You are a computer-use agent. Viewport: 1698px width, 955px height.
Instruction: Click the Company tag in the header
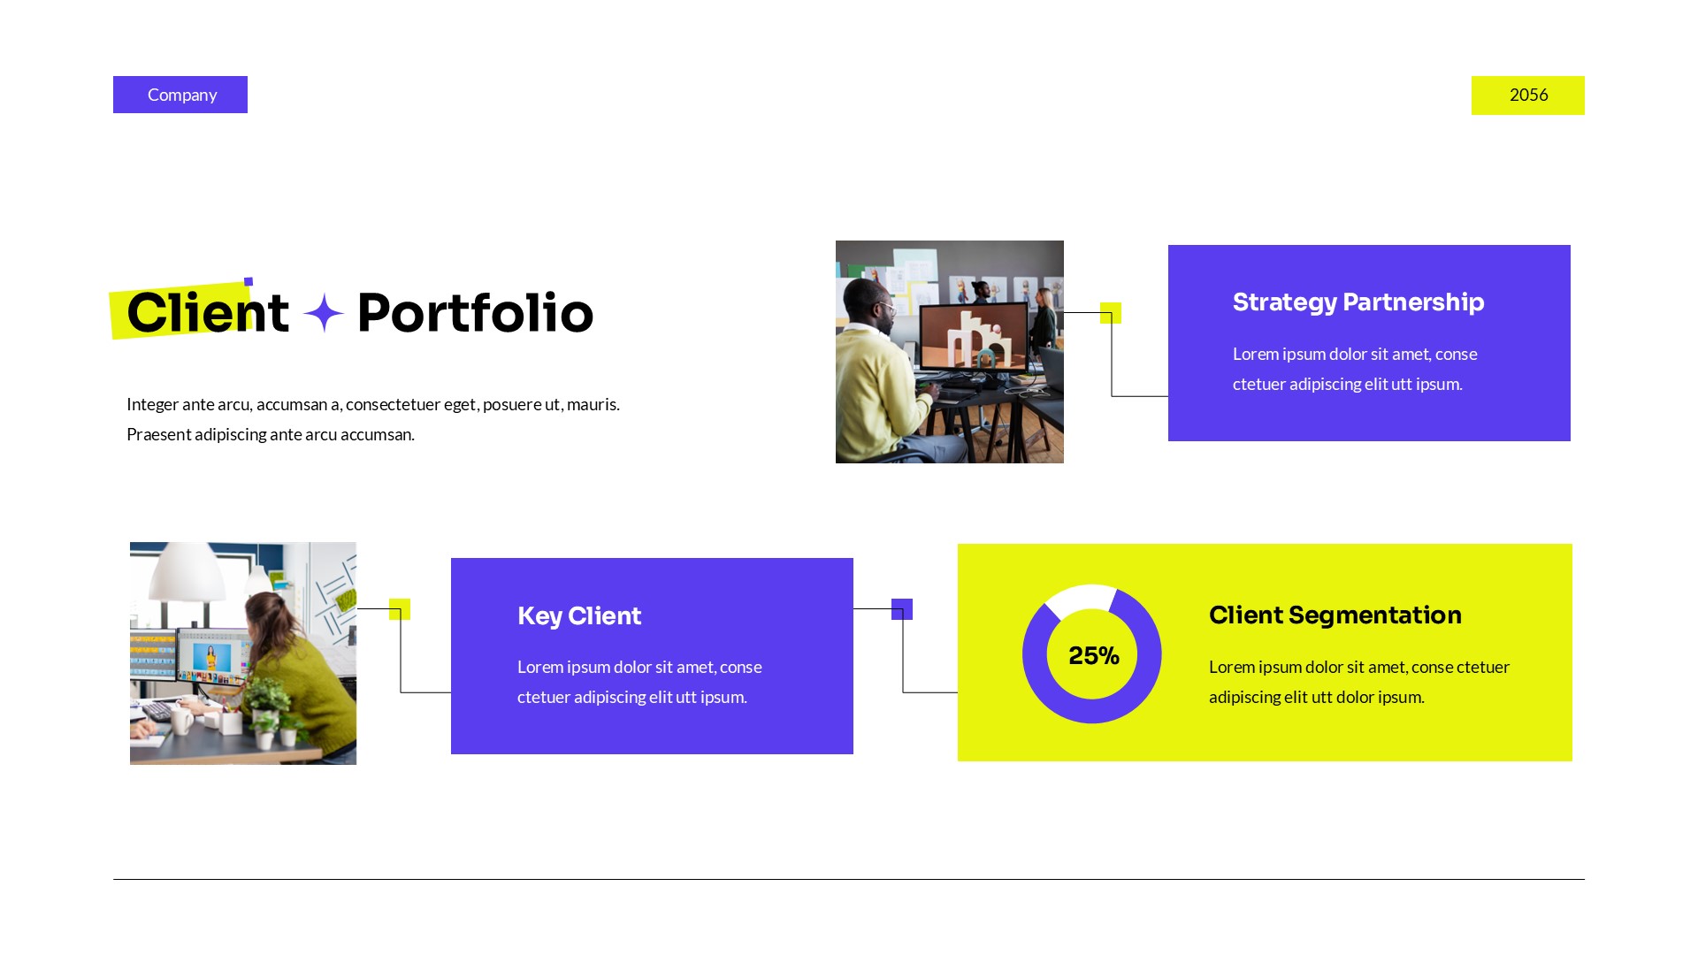pyautogui.click(x=180, y=95)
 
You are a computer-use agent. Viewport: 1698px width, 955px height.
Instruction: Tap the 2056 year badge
pyautogui.click(x=1527, y=95)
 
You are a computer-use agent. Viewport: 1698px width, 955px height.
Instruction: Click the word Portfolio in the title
pyautogui.click(x=475, y=313)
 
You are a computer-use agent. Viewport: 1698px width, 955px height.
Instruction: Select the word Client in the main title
pyautogui.click(x=208, y=313)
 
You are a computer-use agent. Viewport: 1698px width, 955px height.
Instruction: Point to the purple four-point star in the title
pyautogui.click(x=324, y=313)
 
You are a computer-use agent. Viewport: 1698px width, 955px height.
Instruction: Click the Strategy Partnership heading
pyautogui.click(x=1358, y=302)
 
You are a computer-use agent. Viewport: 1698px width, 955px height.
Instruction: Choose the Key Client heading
pyautogui.click(x=579, y=616)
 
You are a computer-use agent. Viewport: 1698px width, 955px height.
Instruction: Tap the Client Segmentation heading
pyautogui.click(x=1335, y=615)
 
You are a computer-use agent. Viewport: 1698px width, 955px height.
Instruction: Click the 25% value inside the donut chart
pyautogui.click(x=1093, y=656)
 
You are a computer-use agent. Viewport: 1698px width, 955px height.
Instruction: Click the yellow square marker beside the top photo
pyautogui.click(x=1111, y=313)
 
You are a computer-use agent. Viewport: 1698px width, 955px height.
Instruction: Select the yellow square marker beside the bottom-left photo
pyautogui.click(x=400, y=609)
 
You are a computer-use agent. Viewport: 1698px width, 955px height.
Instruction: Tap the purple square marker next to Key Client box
pyautogui.click(x=902, y=609)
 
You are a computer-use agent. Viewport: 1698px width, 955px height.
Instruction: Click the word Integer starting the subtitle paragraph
pyautogui.click(x=152, y=405)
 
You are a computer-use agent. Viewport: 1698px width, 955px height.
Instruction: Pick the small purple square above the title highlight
pyautogui.click(x=249, y=282)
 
